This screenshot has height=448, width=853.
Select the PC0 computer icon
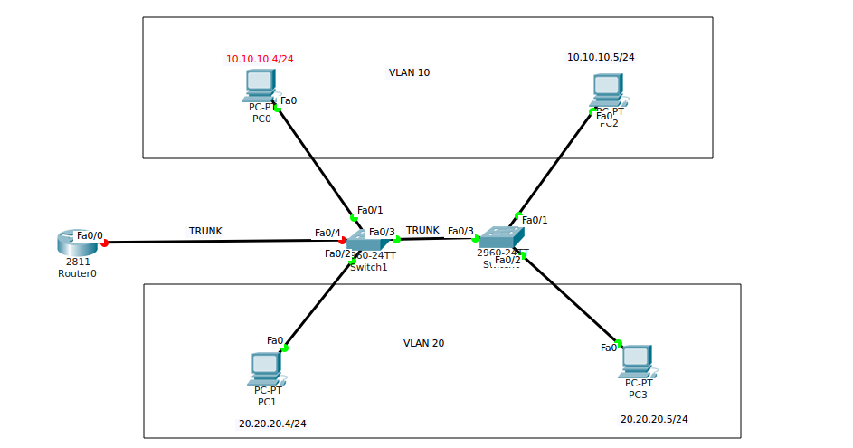[x=261, y=84]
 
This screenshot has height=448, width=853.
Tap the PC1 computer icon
[x=266, y=367]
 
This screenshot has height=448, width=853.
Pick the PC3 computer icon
[x=637, y=360]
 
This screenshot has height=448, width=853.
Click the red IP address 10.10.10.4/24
[x=260, y=59]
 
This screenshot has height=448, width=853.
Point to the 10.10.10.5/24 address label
[x=601, y=57]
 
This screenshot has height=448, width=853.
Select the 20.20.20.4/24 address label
[x=272, y=423]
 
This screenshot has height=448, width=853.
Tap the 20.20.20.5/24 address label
[x=654, y=419]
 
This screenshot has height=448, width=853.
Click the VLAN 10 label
[x=409, y=72]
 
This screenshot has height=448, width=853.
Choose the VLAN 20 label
[x=423, y=343]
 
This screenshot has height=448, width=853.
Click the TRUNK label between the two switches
[x=422, y=230]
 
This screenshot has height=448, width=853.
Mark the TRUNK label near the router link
[x=205, y=231]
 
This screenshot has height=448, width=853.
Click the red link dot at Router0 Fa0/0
[x=105, y=243]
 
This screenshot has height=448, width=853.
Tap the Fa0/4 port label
[x=327, y=233]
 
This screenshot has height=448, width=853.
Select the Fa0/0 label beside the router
[x=90, y=235]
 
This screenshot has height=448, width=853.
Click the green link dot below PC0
[x=278, y=109]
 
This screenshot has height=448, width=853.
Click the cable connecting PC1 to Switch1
[x=318, y=304]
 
